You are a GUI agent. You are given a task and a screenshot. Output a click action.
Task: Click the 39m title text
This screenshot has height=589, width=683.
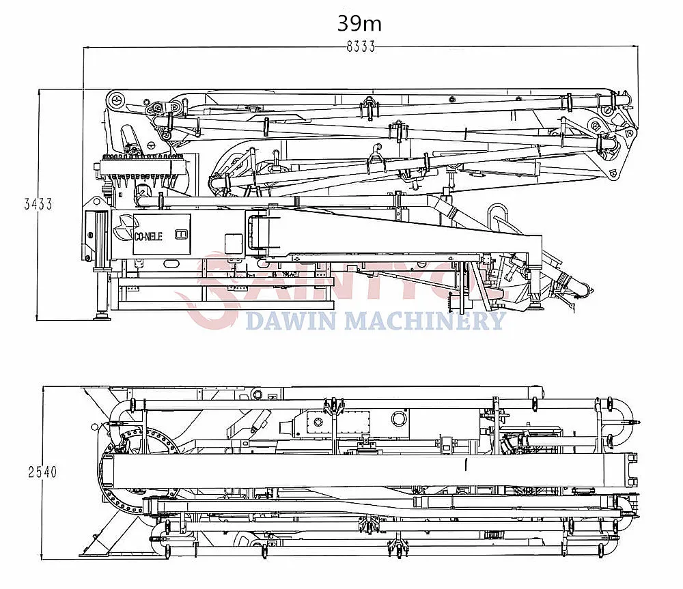pos(359,23)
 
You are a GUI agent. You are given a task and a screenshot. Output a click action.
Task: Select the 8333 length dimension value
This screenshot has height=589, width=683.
pos(361,47)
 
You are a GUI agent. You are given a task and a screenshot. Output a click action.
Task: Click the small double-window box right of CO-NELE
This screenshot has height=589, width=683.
pos(181,234)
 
